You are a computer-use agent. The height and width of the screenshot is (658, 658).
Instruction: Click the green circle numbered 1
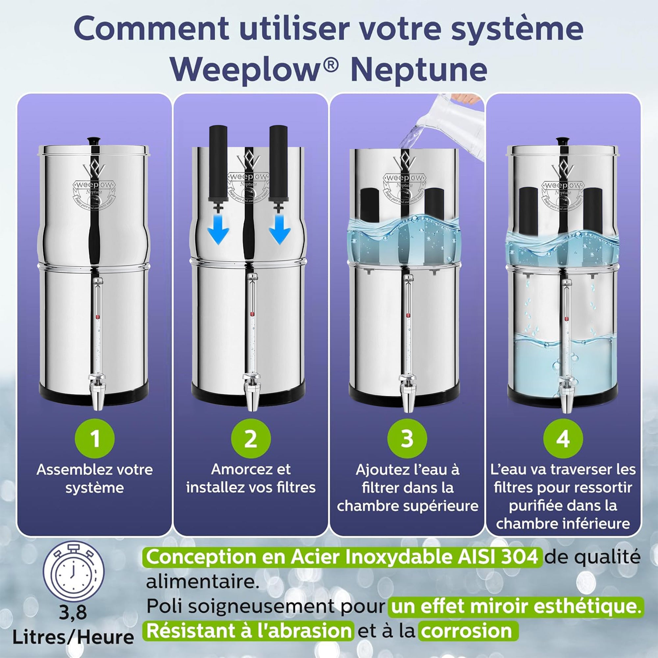click(95, 439)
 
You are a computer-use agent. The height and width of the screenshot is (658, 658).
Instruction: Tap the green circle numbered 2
click(251, 439)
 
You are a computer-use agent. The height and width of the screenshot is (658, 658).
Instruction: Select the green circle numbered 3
click(407, 439)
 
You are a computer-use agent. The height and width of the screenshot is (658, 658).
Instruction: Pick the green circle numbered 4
click(563, 439)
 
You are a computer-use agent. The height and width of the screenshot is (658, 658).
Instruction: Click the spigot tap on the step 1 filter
click(95, 392)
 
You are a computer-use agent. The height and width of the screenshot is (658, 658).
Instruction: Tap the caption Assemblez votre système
click(95, 479)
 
